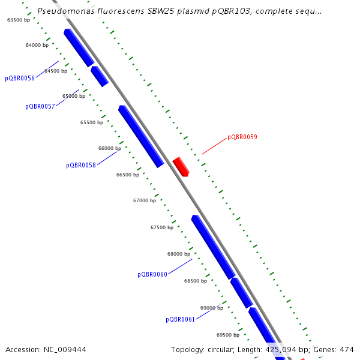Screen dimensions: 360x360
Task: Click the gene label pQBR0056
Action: click(20, 78)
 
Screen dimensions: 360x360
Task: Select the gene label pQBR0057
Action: click(40, 106)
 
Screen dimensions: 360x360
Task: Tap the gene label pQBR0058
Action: click(81, 165)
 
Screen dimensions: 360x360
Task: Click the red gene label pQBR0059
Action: click(242, 137)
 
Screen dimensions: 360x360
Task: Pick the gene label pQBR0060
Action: click(152, 274)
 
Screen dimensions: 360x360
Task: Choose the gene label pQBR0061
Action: click(181, 319)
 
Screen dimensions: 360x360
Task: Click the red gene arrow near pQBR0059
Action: click(181, 166)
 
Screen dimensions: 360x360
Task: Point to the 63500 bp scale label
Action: click(19, 20)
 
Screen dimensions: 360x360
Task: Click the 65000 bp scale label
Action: click(74, 96)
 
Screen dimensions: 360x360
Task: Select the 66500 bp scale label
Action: click(128, 175)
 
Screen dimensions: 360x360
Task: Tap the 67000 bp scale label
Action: click(145, 200)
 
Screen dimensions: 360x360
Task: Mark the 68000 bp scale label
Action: click(179, 254)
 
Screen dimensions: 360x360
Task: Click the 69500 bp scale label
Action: click(228, 335)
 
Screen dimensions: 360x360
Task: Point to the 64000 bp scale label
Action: click(37, 45)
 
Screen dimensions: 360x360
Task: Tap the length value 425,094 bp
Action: click(282, 349)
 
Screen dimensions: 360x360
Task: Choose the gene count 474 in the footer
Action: click(347, 349)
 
